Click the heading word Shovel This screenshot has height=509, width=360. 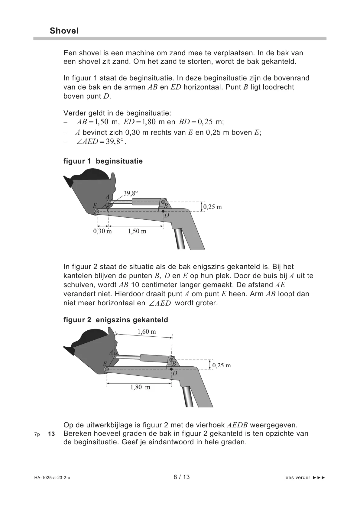pyautogui.click(x=64, y=31)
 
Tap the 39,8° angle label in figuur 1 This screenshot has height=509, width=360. pyautogui.click(x=131, y=193)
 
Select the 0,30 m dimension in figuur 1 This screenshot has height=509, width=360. pyautogui.click(x=102, y=231)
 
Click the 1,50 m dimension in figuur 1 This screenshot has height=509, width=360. pyautogui.click(x=137, y=231)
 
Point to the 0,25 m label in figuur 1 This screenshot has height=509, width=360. pyautogui.click(x=212, y=207)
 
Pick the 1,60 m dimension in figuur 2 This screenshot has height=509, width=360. pyautogui.click(x=147, y=332)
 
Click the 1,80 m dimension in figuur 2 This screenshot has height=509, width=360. pyautogui.click(x=140, y=387)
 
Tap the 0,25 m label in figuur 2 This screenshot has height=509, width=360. pyautogui.click(x=222, y=365)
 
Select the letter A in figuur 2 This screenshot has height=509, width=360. pyautogui.click(x=111, y=352)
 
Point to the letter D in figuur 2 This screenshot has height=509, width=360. pyautogui.click(x=175, y=373)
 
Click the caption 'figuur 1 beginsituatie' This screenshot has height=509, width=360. pyautogui.click(x=103, y=161)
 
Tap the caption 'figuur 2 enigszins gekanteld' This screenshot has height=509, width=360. pyautogui.click(x=115, y=320)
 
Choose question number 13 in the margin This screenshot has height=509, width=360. pyautogui.click(x=51, y=434)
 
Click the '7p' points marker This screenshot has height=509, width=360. pyautogui.click(x=37, y=434)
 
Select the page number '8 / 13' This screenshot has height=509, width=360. pyautogui.click(x=182, y=477)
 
